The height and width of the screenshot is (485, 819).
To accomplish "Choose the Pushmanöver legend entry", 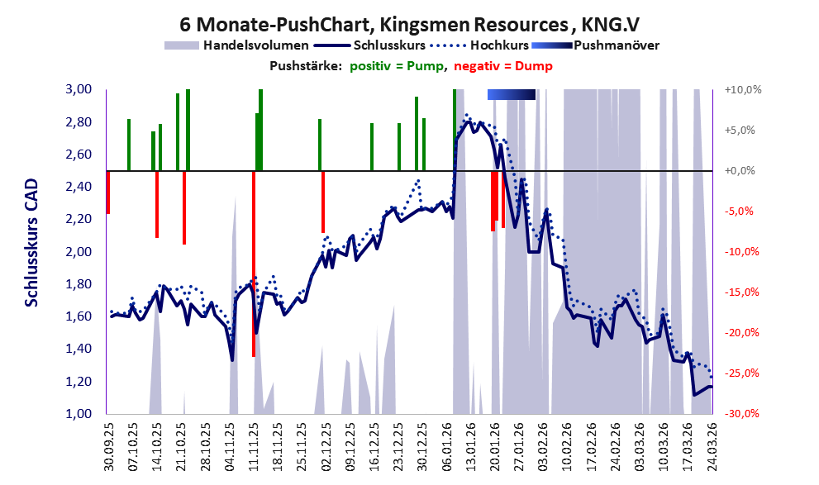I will (x=615, y=45).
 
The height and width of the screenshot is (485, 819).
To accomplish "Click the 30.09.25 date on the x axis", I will (x=108, y=446).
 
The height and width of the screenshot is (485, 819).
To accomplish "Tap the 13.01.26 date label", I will (x=470, y=446).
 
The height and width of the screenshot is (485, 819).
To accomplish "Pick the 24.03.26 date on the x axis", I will (x=711, y=446).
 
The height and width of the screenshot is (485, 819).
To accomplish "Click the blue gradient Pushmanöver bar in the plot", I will (x=512, y=95).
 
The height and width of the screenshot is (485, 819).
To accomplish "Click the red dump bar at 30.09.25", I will (x=108, y=192).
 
